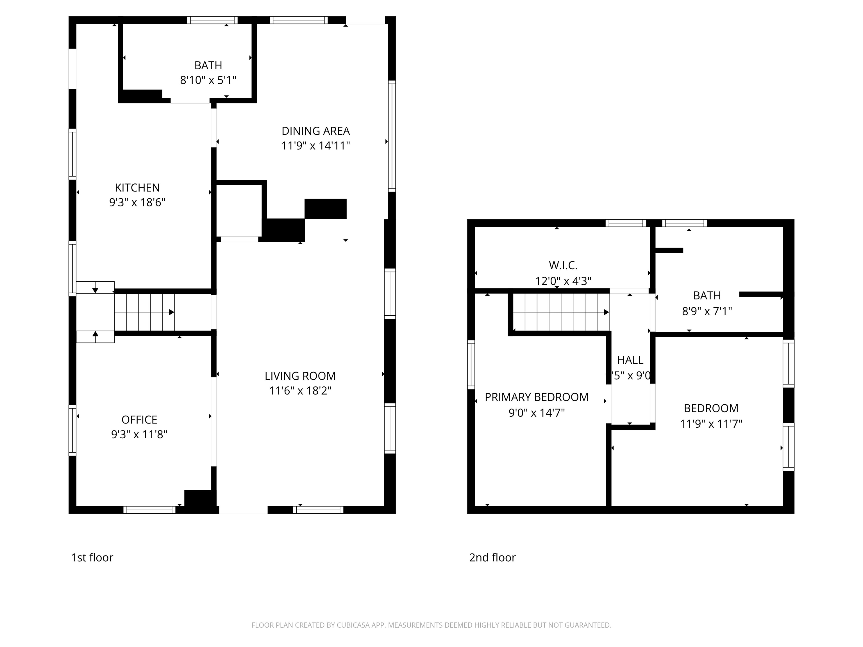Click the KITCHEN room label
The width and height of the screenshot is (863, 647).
pos(137,188)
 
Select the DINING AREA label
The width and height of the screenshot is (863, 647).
pos(316,131)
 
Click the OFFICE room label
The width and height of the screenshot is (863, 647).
pos(139,420)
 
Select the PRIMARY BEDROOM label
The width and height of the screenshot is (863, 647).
pos(537,397)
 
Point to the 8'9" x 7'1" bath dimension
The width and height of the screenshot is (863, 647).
pos(707,311)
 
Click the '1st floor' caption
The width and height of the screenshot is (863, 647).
pos(92,558)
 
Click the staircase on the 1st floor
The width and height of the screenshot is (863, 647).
pos(144,312)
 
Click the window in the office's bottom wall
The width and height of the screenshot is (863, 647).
pos(149,510)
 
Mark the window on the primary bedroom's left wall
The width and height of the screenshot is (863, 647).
pos(471,365)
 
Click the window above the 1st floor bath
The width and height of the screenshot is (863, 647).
pos(212,20)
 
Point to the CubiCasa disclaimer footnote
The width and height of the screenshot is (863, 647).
pos(431,625)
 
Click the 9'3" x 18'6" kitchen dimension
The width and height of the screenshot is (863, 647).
pos(137,203)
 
